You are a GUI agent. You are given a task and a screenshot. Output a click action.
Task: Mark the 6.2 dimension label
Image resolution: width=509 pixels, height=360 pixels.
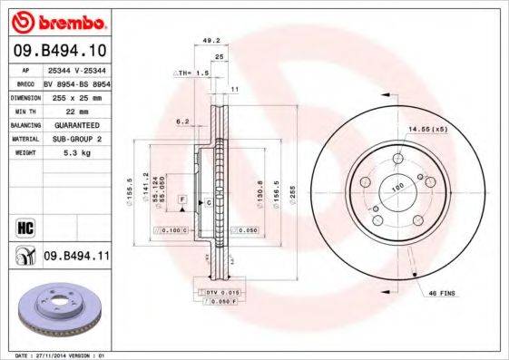[x=182, y=120]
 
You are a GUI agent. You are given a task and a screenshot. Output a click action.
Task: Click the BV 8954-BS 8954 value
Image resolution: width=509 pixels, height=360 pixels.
[x=75, y=81]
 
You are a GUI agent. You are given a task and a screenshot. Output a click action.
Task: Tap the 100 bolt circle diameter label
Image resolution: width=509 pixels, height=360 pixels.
[x=395, y=187]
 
